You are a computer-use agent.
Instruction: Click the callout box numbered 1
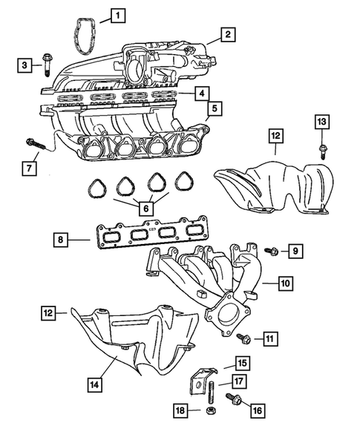click(117, 14)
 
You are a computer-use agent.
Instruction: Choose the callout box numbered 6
click(145, 210)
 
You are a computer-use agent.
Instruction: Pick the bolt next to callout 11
click(243, 338)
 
